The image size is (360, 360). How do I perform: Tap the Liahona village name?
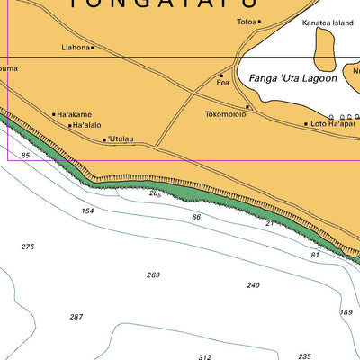(76, 47)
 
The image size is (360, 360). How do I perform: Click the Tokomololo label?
(225, 114)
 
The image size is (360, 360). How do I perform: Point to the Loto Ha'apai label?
(331, 123)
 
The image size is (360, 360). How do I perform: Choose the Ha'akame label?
(74, 114)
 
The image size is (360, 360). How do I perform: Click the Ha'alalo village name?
(87, 126)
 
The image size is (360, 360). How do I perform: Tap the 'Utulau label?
(121, 139)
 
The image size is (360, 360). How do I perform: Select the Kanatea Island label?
(328, 22)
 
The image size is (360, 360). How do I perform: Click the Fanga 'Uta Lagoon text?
(292, 78)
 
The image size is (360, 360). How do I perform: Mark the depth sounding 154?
(87, 211)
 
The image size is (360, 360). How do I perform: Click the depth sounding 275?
(28, 247)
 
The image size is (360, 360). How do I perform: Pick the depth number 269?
(153, 274)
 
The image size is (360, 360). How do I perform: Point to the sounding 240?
(253, 284)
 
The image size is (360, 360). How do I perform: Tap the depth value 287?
(76, 317)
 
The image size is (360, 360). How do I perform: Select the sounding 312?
(204, 356)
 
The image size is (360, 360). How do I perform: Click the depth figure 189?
(346, 311)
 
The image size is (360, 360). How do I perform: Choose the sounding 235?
(304, 355)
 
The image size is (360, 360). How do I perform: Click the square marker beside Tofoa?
(259, 22)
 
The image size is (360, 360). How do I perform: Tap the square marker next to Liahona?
(93, 48)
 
